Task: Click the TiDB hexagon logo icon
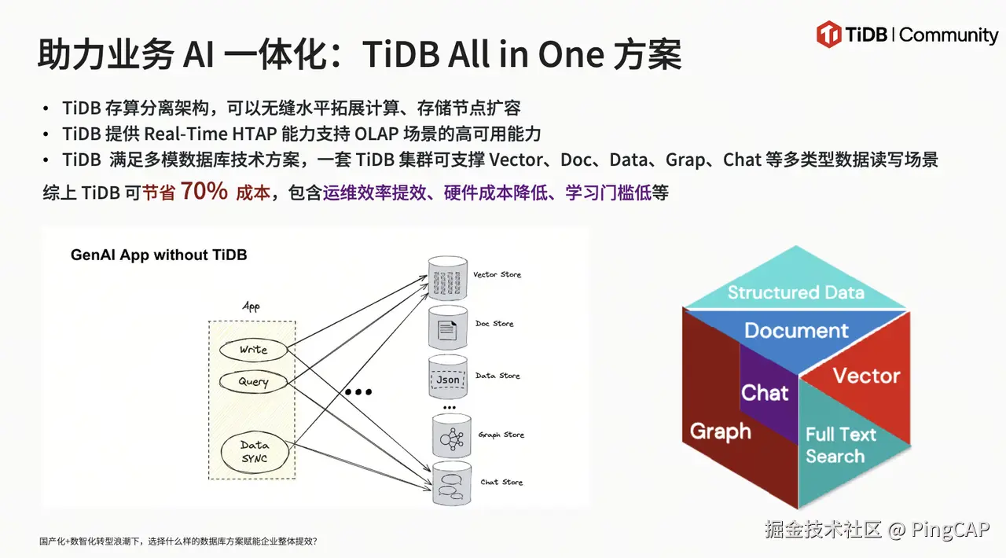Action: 829,35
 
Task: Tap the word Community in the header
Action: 949,35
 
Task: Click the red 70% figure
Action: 204,192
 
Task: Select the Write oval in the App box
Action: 253,349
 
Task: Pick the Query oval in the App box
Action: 253,382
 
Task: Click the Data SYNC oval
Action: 254,452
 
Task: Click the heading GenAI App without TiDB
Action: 159,255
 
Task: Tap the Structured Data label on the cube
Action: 795,293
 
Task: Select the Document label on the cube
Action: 796,331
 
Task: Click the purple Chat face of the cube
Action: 765,393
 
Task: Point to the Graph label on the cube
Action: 720,431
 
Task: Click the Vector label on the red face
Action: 866,376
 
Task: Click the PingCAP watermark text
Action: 950,530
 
